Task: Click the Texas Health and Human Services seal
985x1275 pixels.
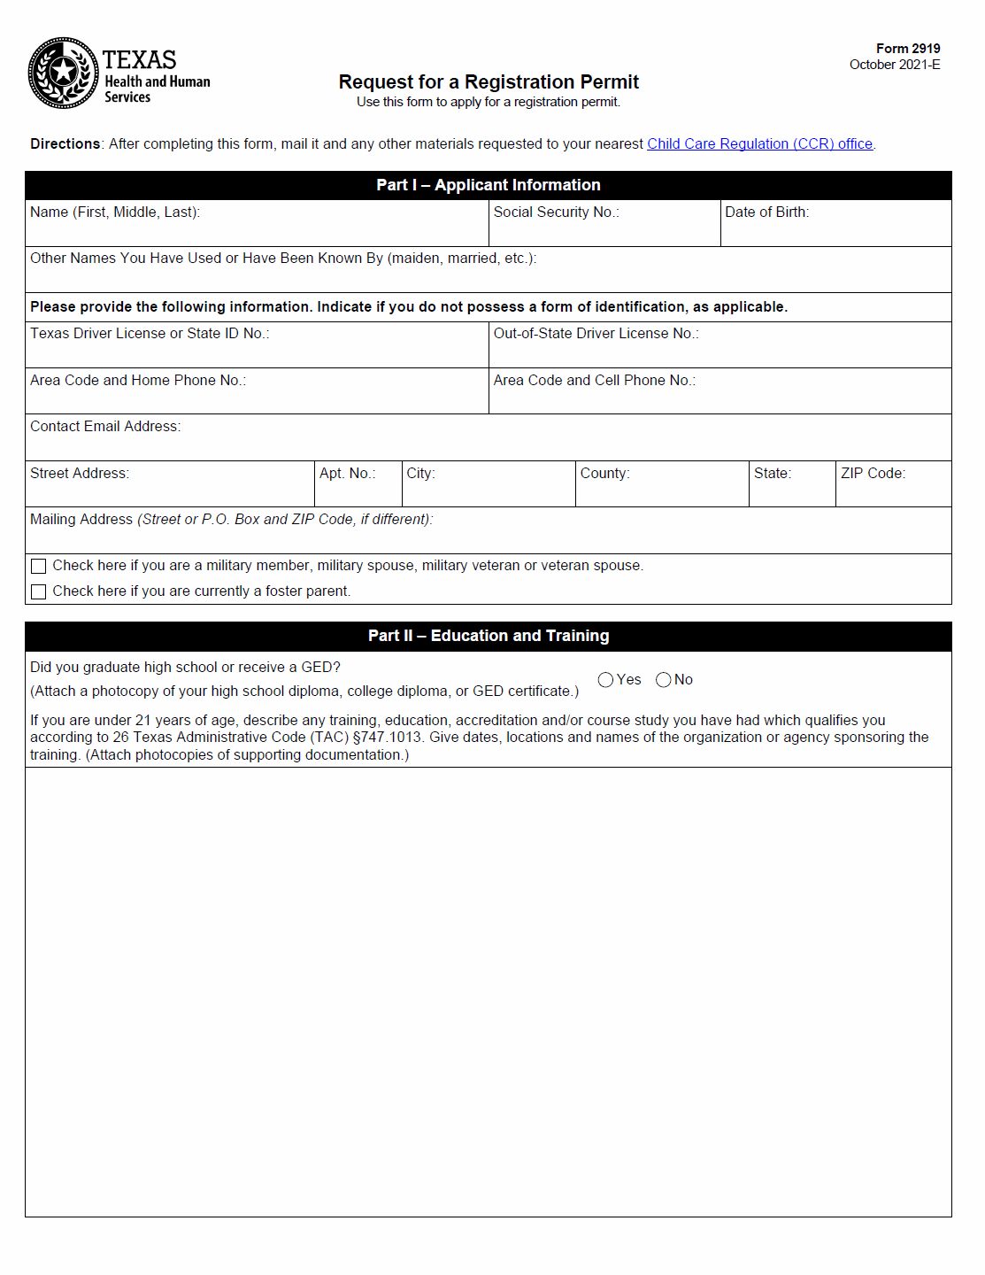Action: click(x=63, y=73)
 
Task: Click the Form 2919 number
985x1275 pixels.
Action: click(x=908, y=49)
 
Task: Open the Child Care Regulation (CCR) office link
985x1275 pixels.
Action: click(x=759, y=144)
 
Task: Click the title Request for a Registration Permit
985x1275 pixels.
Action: click(x=489, y=82)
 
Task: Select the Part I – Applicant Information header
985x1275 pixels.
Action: click(x=489, y=185)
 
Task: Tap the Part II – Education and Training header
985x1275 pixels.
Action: click(x=489, y=636)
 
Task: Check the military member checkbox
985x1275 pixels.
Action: click(x=39, y=567)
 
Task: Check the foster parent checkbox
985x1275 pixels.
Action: click(x=39, y=591)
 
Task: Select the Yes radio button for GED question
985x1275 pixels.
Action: click(x=605, y=680)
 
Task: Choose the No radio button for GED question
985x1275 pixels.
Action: click(x=664, y=680)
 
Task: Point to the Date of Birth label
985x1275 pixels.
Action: click(x=766, y=212)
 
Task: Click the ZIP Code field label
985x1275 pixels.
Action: click(x=873, y=474)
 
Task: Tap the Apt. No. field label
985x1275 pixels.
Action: click(x=347, y=474)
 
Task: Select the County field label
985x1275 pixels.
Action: click(x=604, y=474)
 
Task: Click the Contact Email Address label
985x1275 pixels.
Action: click(x=105, y=427)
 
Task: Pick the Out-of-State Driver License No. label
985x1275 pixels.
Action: click(x=596, y=334)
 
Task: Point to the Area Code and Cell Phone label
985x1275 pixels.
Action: click(x=594, y=381)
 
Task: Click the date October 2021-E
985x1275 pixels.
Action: click(x=894, y=65)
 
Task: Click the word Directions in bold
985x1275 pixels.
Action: click(x=65, y=144)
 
